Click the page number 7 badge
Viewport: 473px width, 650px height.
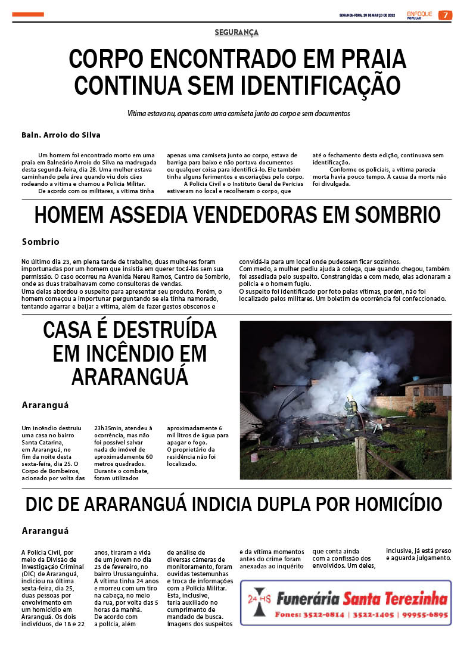(445, 15)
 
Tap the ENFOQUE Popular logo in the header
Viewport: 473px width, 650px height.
(419, 15)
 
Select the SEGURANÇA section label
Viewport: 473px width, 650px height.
(236, 33)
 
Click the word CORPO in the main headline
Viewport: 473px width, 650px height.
(108, 59)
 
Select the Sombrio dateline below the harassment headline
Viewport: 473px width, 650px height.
(41, 242)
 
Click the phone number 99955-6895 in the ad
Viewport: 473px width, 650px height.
(425, 615)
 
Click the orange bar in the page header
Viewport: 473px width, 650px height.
(28, 14)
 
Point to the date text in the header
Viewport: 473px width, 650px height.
(366, 15)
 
